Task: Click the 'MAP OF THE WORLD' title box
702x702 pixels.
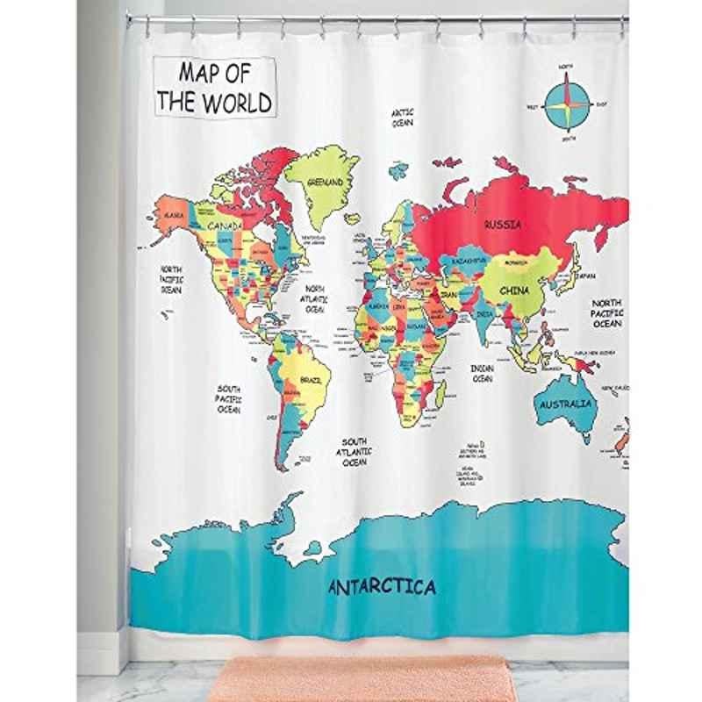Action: coord(213,87)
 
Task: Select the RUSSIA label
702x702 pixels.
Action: coord(501,224)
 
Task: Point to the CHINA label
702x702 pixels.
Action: coord(515,290)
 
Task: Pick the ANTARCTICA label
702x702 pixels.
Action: coord(381,586)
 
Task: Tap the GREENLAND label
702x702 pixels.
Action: coord(326,183)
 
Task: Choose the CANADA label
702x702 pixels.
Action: coord(226,226)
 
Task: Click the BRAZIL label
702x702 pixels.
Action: coord(312,380)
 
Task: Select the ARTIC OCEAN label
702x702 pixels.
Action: coord(402,118)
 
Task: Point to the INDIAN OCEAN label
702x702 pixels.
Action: coord(482,374)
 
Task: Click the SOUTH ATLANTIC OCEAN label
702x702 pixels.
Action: coord(355,451)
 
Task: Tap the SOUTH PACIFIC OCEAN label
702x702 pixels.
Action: coord(230,398)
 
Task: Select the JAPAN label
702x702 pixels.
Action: coord(585,275)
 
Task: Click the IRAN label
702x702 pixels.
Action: coord(448,296)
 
